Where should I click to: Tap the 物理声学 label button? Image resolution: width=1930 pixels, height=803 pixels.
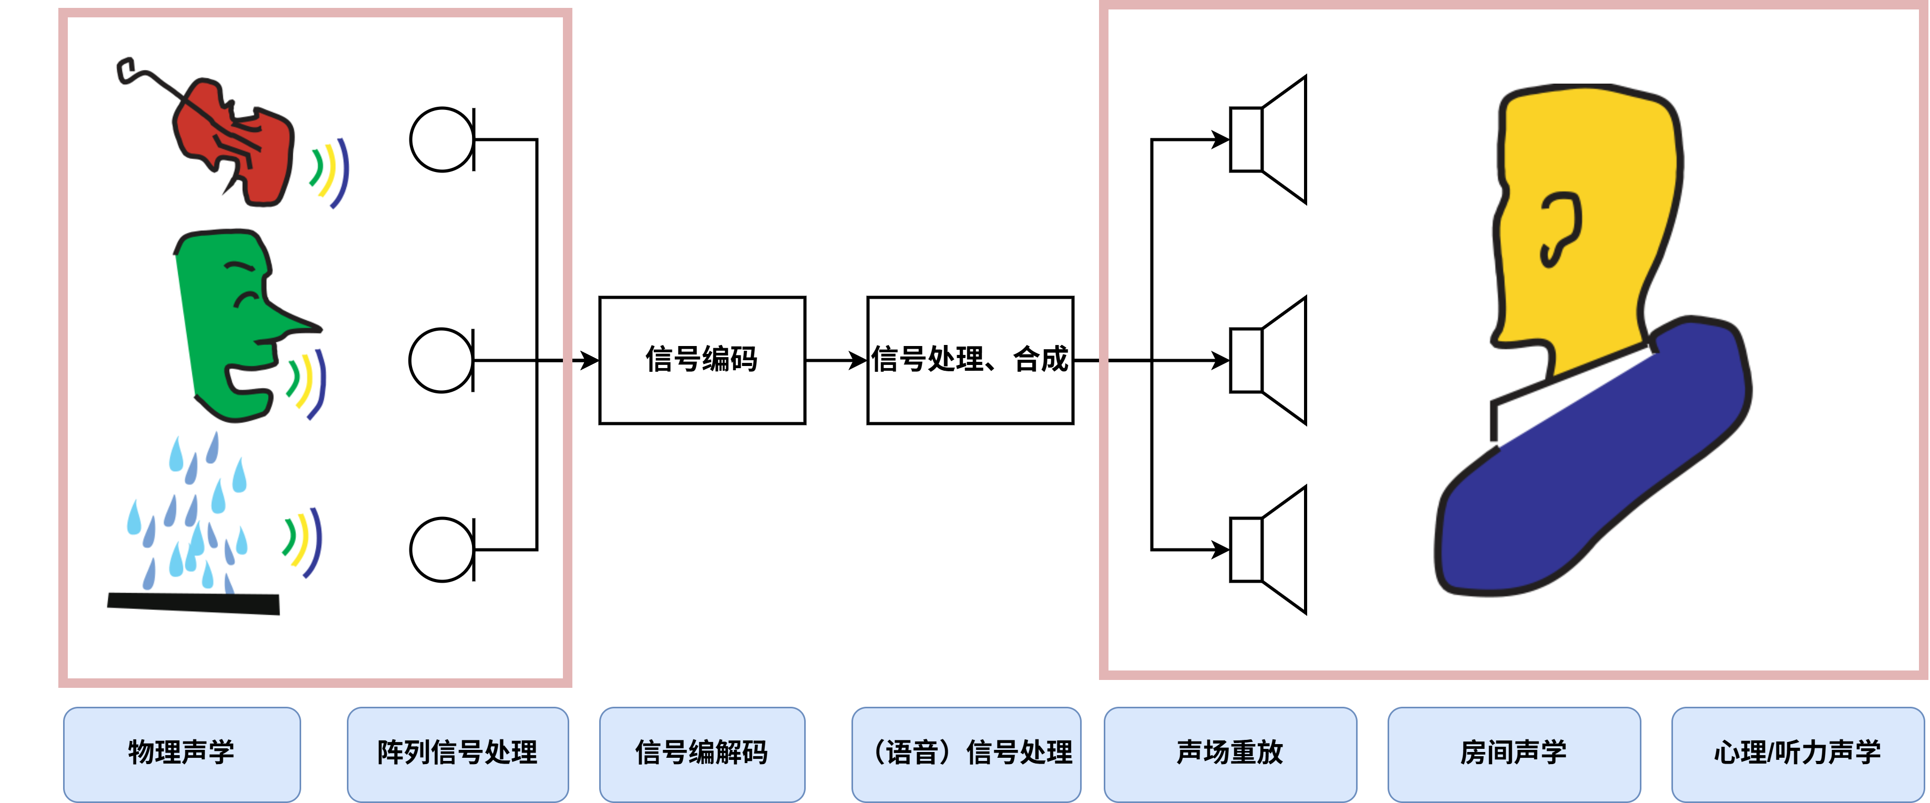click(182, 754)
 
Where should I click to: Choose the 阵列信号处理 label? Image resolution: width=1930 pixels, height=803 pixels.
click(458, 754)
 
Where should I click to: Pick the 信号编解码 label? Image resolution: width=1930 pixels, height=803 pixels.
click(702, 754)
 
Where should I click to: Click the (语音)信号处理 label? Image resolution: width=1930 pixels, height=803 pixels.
click(967, 754)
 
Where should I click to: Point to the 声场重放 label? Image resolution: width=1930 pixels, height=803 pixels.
click(1230, 754)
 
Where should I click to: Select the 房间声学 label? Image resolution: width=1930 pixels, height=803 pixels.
click(1514, 754)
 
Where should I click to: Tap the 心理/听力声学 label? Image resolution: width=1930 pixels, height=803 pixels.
click(1798, 754)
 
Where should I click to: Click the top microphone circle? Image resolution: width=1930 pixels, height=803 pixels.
click(442, 139)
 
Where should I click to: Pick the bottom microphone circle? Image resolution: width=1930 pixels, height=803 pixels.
click(442, 550)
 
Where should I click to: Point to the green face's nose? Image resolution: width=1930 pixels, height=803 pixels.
click(296, 319)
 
